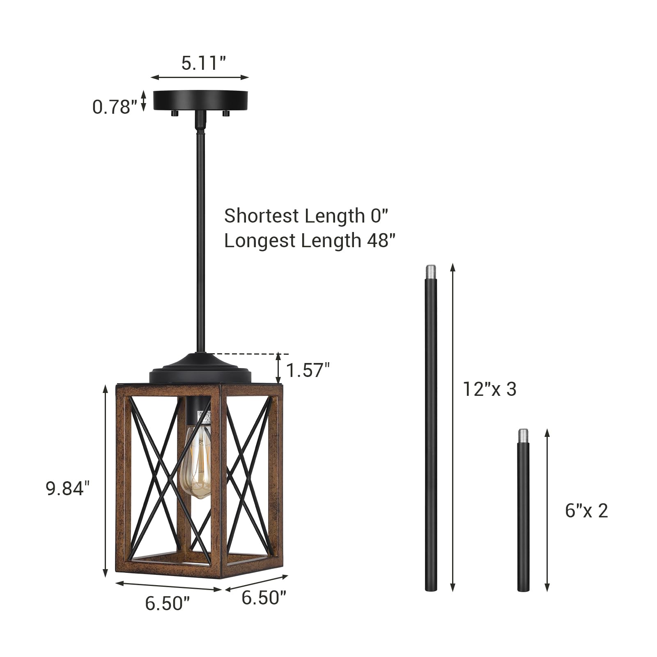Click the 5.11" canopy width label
tap(203, 63)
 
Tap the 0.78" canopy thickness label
tap(114, 107)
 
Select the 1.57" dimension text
tap(308, 370)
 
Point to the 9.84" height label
tap(67, 488)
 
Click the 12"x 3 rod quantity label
tap(489, 389)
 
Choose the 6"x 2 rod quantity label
tap(586, 510)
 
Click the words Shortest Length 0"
tap(306, 216)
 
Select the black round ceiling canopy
tap(200, 100)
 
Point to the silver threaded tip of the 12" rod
tap(431, 271)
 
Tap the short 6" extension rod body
tap(523, 517)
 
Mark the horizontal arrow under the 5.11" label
tap(200, 77)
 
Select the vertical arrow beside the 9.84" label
tap(106, 480)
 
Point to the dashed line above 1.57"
tap(250, 354)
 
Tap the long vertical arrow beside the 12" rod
tap(453, 427)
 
